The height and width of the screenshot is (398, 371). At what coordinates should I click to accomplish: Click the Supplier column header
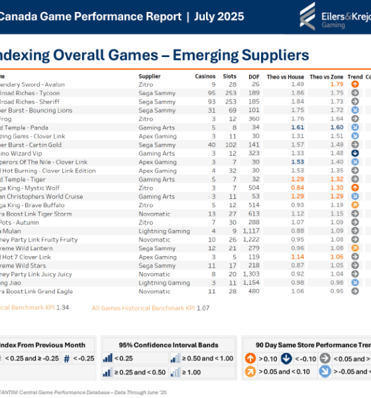click(150, 76)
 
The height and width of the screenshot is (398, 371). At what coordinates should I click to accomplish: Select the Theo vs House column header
click(288, 76)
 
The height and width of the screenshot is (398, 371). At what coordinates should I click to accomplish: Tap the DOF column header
click(254, 76)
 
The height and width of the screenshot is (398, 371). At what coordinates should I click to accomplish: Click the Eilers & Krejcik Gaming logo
click(334, 16)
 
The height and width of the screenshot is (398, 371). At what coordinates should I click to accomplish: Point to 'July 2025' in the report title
click(219, 17)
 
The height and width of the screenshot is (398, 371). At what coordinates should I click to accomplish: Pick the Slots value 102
click(231, 144)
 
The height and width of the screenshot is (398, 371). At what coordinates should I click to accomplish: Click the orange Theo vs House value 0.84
click(297, 187)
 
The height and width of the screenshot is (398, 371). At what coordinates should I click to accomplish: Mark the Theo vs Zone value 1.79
click(337, 84)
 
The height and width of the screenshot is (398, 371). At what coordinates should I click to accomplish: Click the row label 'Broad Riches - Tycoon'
click(30, 93)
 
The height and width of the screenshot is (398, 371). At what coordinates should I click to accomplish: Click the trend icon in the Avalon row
click(355, 84)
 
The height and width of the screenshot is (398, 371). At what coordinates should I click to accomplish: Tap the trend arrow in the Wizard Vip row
click(355, 153)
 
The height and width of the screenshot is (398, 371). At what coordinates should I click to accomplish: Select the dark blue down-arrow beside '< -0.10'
click(286, 359)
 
